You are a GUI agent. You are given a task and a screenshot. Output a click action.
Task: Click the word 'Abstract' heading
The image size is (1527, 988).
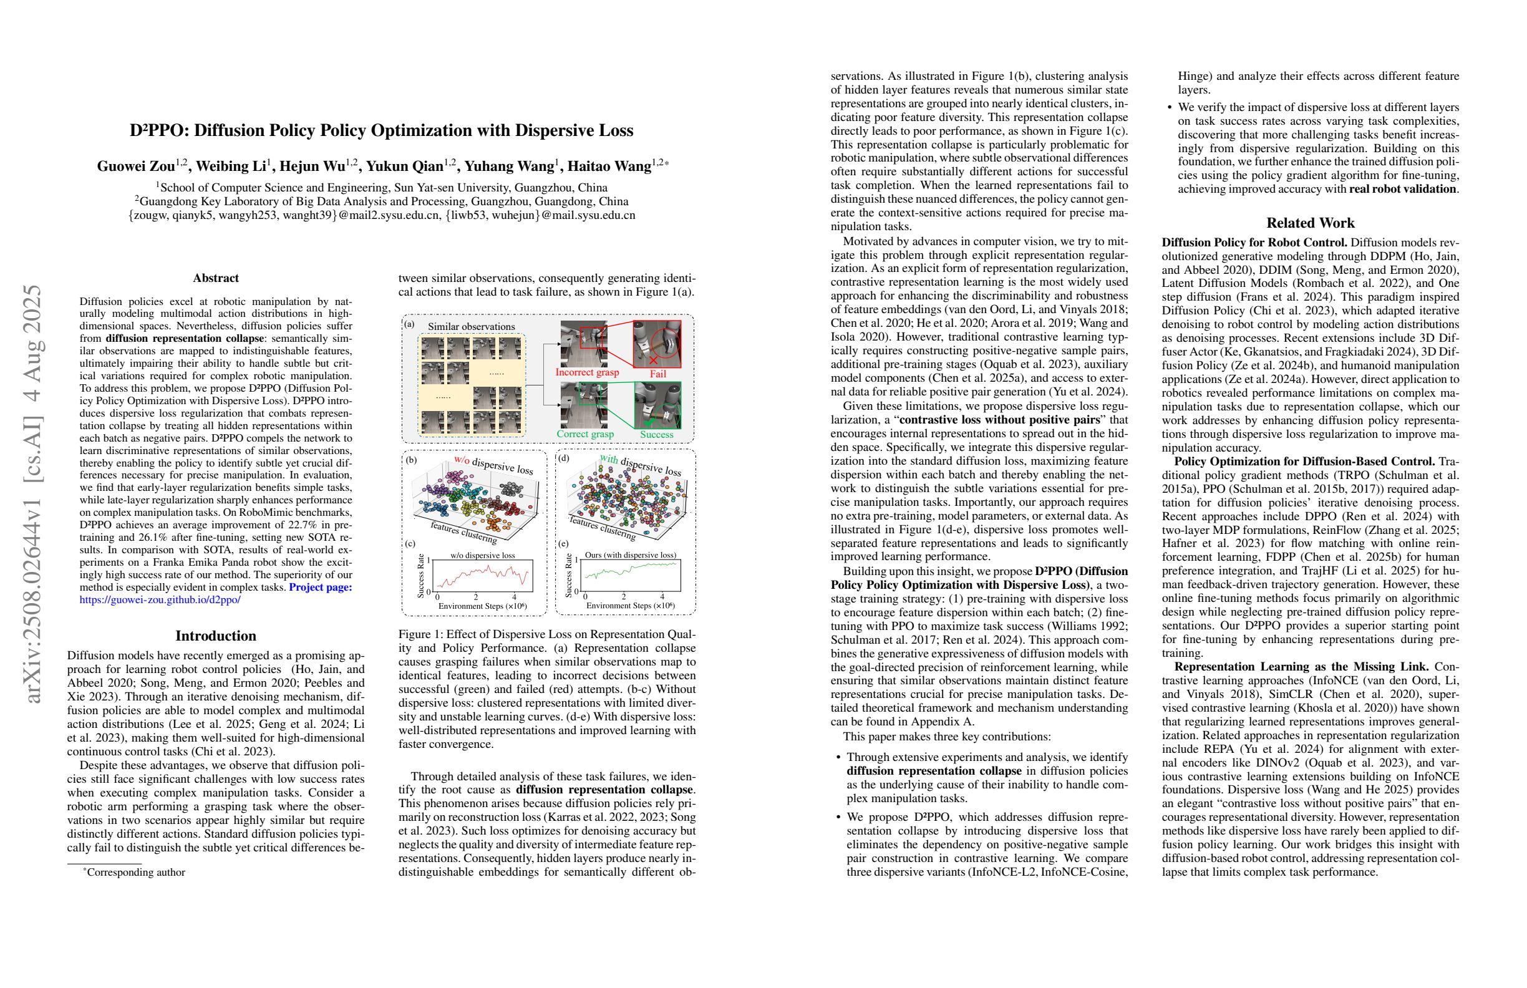click(216, 278)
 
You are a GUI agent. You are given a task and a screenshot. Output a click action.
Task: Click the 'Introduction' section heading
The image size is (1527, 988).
click(216, 636)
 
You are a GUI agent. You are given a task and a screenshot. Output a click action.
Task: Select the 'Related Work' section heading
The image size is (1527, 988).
click(1310, 223)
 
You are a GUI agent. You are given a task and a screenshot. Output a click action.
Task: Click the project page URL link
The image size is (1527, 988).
click(160, 600)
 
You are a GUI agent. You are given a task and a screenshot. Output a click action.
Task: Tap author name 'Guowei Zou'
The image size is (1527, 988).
click(136, 167)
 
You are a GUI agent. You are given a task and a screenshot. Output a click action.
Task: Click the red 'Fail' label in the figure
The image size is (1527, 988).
click(657, 374)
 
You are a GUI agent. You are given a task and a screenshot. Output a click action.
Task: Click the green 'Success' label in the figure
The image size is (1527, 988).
click(656, 434)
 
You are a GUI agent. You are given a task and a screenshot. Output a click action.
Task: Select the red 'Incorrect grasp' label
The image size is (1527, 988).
click(586, 372)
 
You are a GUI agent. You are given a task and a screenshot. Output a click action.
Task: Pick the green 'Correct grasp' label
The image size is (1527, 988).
click(584, 433)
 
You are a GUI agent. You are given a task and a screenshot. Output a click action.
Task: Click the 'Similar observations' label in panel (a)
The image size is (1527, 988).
click(471, 327)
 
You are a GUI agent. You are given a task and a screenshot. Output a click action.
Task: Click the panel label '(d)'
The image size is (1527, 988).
click(563, 458)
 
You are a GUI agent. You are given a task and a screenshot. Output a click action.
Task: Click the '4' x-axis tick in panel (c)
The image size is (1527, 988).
click(515, 598)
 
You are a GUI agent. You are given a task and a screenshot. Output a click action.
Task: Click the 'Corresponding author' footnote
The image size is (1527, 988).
click(135, 873)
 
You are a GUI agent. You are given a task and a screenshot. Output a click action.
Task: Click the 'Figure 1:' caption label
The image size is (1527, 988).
click(420, 634)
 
